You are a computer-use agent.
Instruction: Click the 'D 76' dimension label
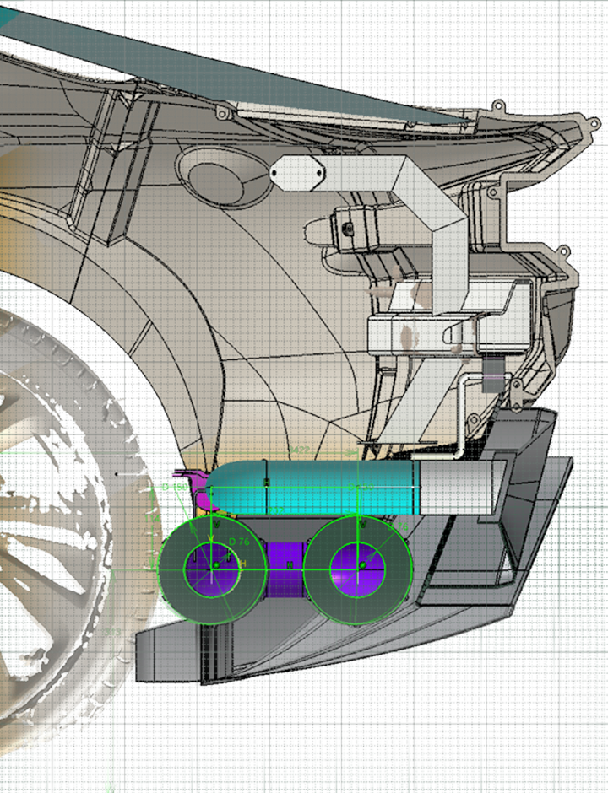[x=238, y=542]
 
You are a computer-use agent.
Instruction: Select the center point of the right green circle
[x=362, y=564]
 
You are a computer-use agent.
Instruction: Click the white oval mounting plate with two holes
[x=297, y=173]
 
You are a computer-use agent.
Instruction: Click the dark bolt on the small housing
[x=347, y=228]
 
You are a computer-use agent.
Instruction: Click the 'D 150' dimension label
[x=175, y=488]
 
